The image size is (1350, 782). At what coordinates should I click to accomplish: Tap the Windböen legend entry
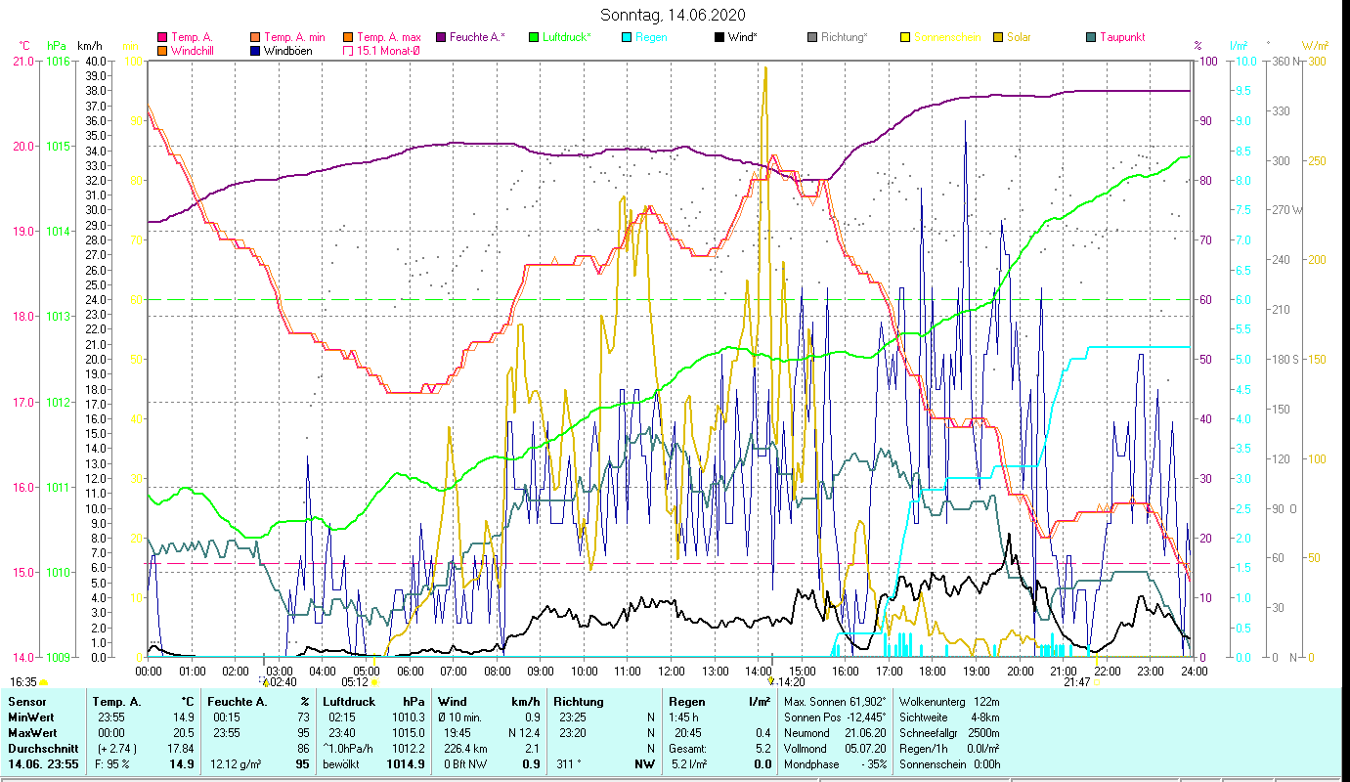(x=288, y=51)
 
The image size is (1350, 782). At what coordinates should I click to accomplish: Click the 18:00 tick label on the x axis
(x=933, y=672)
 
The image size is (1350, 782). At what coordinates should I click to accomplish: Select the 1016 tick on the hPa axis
(x=57, y=61)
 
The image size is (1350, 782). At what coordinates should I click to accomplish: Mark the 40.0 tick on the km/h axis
(x=96, y=61)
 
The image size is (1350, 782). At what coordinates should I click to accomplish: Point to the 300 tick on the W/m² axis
(x=1317, y=61)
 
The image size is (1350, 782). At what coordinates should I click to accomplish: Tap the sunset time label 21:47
(x=1076, y=682)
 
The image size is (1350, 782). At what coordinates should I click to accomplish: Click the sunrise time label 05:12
(x=355, y=682)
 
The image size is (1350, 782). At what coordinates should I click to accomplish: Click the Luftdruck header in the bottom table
(x=349, y=702)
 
